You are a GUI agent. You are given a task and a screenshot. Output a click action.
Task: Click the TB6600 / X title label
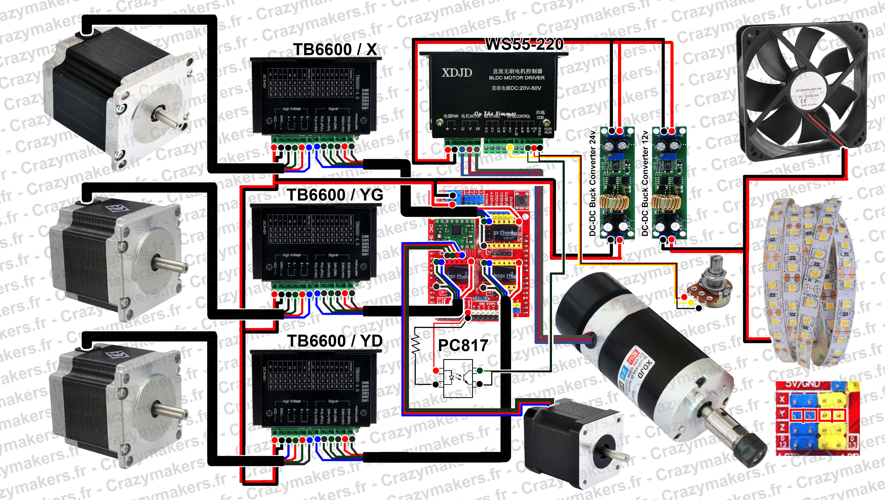tap(335, 50)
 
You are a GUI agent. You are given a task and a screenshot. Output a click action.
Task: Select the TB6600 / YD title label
tap(335, 341)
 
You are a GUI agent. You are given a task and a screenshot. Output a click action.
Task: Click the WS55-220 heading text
tap(524, 44)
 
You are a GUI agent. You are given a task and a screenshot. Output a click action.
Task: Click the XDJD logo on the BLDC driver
tap(457, 73)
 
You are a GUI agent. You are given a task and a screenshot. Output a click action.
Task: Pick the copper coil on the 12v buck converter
tap(664, 203)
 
